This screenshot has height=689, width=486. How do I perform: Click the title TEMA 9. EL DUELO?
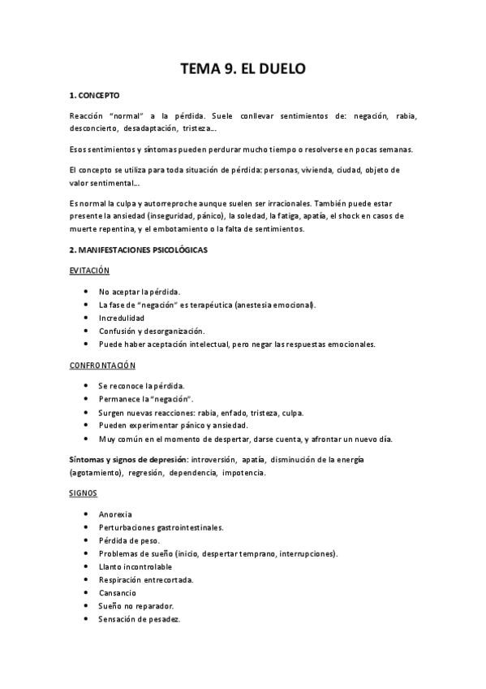(x=243, y=69)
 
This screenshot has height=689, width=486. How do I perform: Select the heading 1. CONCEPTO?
(x=94, y=95)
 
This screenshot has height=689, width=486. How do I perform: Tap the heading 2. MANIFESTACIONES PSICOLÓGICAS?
(x=138, y=249)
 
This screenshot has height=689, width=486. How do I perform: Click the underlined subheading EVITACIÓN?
(x=89, y=271)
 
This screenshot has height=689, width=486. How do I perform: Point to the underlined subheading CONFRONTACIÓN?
(x=102, y=365)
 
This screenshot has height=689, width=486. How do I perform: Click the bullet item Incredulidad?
(x=122, y=318)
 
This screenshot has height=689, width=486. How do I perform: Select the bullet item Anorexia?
(x=115, y=514)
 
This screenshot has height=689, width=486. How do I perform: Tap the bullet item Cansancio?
(x=118, y=592)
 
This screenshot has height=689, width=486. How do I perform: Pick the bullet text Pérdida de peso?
(x=130, y=540)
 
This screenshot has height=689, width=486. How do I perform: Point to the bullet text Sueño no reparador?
(x=135, y=605)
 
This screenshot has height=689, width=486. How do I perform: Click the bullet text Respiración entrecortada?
(x=145, y=579)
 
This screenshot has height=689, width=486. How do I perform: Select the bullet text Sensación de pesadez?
(x=139, y=618)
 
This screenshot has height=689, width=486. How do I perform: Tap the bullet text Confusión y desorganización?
(x=152, y=331)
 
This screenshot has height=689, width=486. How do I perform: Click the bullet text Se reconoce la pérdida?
(x=141, y=386)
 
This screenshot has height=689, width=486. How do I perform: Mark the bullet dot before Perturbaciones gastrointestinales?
(x=86, y=527)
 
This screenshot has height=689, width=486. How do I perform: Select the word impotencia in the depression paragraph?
(x=243, y=473)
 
